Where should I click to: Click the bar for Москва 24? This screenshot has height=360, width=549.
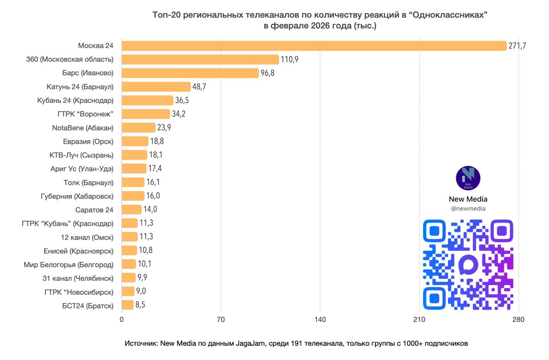click(x=314, y=46)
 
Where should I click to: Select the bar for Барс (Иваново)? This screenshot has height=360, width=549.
click(x=190, y=73)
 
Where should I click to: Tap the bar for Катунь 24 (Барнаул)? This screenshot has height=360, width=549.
click(x=156, y=87)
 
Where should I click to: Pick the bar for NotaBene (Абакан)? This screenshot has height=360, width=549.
click(x=139, y=128)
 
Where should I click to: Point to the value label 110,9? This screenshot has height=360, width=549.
click(x=290, y=60)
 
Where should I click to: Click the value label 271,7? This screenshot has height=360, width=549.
click(x=517, y=46)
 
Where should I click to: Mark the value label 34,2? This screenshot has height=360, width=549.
click(x=179, y=114)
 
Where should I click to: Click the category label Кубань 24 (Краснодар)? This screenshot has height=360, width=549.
click(x=75, y=100)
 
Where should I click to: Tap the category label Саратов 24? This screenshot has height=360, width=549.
click(x=94, y=210)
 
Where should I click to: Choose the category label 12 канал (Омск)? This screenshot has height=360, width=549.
click(x=87, y=237)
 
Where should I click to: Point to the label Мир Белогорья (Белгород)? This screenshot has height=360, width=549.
click(x=69, y=265)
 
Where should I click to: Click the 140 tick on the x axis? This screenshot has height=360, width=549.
click(x=320, y=320)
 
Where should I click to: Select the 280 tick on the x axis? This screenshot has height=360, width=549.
click(x=518, y=320)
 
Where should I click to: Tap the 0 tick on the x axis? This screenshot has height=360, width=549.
click(x=122, y=320)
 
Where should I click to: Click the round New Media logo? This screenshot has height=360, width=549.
click(x=468, y=178)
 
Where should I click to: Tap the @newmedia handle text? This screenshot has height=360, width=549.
click(x=468, y=209)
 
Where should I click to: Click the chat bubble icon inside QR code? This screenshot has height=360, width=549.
click(x=468, y=265)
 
